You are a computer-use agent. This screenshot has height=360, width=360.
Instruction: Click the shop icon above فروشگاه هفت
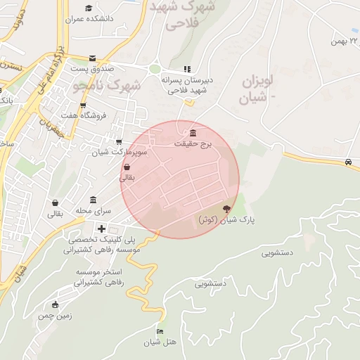(83, 105)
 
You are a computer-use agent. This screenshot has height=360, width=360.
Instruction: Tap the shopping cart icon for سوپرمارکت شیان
(118, 141)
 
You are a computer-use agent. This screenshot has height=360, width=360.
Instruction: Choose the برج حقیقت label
(193, 143)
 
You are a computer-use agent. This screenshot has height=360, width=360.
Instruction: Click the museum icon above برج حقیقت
(193, 134)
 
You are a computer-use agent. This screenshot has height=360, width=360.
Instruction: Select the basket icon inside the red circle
(127, 167)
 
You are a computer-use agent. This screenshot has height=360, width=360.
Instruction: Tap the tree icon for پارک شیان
(226, 209)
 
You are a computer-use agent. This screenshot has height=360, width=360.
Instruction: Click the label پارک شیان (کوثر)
(226, 220)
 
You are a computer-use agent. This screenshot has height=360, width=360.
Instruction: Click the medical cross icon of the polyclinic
(102, 229)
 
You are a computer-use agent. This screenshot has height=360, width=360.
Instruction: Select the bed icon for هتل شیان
(160, 331)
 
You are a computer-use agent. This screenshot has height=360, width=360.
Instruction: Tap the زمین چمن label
(55, 316)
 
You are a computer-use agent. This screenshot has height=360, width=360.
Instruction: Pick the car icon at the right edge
(349, 162)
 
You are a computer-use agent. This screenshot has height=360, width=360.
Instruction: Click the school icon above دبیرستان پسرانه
(186, 69)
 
